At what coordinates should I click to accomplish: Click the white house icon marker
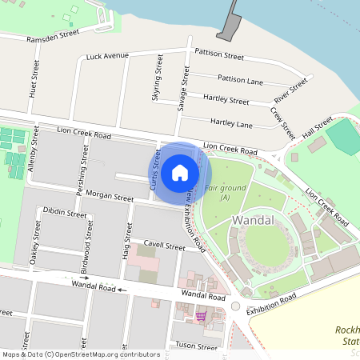180,171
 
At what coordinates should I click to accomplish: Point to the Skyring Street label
157,78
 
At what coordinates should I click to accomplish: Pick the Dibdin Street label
65,214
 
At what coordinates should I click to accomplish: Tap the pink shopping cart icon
199,316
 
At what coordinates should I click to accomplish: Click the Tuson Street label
196,347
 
